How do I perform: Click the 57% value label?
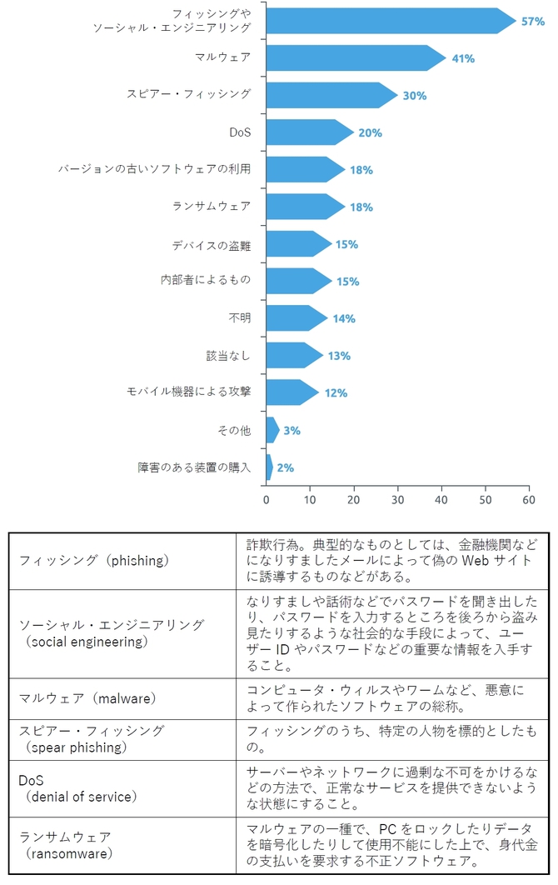532,22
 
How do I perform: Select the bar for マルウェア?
354,58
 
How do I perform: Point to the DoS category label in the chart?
240,132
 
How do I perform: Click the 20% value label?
370,133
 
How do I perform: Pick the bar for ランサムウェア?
304,207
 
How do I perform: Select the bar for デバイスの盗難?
297,244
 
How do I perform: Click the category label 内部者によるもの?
205,280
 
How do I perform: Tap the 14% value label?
343,318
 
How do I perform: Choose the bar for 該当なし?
293,356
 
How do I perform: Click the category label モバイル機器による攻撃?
188,392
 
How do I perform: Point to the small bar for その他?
272,430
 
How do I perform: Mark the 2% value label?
285,467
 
